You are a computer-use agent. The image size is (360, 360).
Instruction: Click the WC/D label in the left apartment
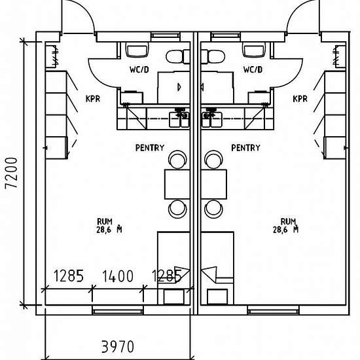click(139, 69)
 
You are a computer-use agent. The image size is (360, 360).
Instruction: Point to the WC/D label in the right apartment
click(253, 69)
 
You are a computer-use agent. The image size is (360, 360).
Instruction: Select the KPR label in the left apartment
click(92, 99)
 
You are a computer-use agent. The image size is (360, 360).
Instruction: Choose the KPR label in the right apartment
click(300, 99)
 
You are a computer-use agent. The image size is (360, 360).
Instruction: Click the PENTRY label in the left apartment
click(150, 148)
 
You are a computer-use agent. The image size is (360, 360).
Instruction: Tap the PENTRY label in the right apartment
click(245, 148)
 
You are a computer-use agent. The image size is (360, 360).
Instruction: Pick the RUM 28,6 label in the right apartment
click(285, 225)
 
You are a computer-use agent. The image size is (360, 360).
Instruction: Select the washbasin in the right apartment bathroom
click(252, 50)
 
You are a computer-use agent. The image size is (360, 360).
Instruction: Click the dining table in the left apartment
click(177, 184)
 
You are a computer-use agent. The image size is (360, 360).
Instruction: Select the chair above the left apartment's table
click(177, 159)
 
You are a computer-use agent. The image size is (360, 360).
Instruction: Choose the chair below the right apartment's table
click(213, 209)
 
